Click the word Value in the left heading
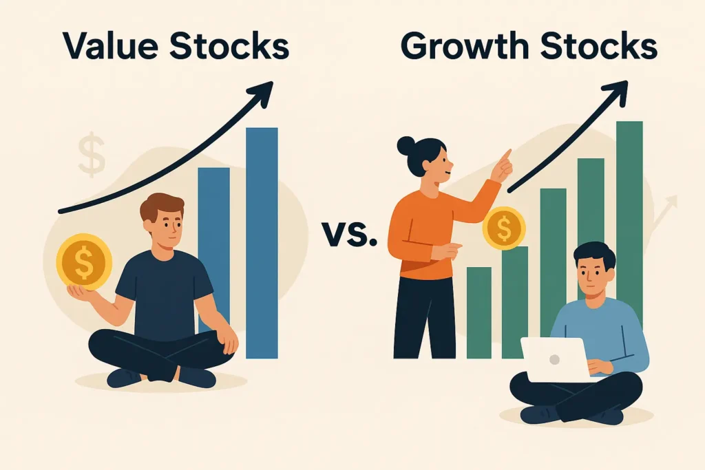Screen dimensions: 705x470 (x=111, y=45)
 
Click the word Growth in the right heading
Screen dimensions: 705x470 (x=465, y=45)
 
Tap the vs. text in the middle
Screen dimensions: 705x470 (x=349, y=234)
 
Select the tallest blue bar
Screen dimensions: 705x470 (x=262, y=243)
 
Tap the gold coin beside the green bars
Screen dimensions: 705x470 (x=504, y=228)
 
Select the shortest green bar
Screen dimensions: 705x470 (x=479, y=312)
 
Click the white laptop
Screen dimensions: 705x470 (x=556, y=360)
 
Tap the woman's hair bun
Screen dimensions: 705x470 (x=406, y=146)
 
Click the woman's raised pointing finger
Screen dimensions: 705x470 (x=506, y=156)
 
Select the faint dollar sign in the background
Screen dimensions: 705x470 (x=92, y=154)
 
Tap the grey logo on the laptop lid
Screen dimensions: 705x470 (x=554, y=359)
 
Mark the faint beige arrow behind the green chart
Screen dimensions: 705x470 (x=664, y=211)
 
